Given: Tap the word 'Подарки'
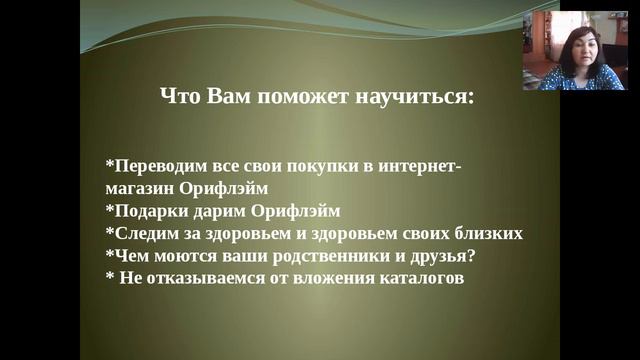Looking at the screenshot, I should (x=148, y=210).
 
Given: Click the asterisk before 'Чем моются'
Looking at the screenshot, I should (x=109, y=254).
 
